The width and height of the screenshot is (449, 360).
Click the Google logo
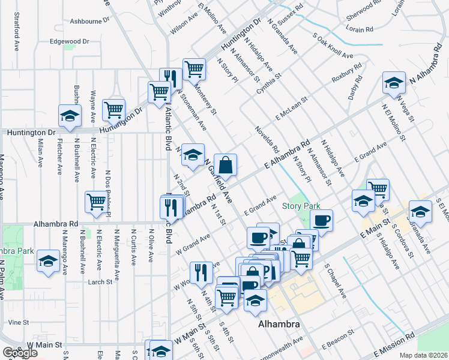click(20, 353)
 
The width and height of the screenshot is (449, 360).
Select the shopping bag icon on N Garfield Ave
click(226, 165)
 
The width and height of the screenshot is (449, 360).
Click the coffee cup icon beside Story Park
click(321, 220)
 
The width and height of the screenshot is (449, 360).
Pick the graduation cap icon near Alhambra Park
click(48, 262)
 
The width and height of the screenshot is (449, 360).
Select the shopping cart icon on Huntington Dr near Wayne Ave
click(113, 110)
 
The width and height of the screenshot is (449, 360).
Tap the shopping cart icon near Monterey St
click(194, 69)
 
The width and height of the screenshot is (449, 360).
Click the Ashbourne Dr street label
click(90, 20)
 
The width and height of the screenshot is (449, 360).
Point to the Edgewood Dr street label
click(70, 41)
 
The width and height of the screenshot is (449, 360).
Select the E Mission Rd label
click(394, 345)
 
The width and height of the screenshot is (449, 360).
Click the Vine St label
click(19, 322)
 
